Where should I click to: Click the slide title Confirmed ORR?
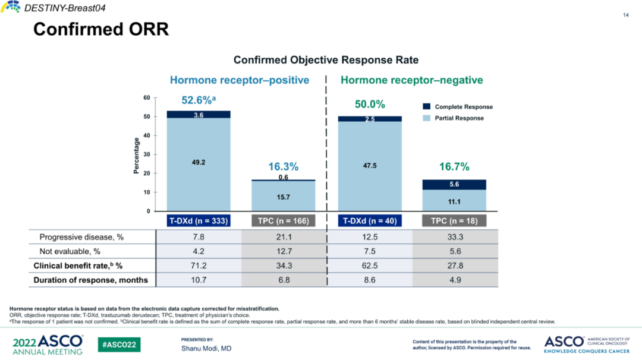coord(101,29)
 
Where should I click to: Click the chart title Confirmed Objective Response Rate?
coord(326,60)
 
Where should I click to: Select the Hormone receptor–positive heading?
coord(240,80)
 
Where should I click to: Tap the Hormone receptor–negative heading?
coord(411,80)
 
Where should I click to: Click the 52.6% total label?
coord(197,100)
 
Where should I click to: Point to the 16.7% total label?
coord(454,167)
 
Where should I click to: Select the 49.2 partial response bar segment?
coord(199,162)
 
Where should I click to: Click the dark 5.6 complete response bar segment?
coord(454,185)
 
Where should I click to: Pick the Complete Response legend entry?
coord(463,107)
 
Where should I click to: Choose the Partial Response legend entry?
coord(459,118)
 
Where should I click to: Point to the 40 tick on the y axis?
coord(146,135)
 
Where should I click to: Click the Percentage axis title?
coord(137,156)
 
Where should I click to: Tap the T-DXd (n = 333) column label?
coord(199,221)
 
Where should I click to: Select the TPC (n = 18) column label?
coord(454,221)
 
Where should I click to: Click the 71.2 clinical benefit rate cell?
coord(199,266)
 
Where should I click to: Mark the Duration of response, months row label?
coord(90,280)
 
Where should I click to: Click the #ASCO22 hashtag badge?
coord(119,345)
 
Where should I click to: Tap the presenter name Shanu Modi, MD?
coord(206,348)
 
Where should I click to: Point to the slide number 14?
coord(625,15)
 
